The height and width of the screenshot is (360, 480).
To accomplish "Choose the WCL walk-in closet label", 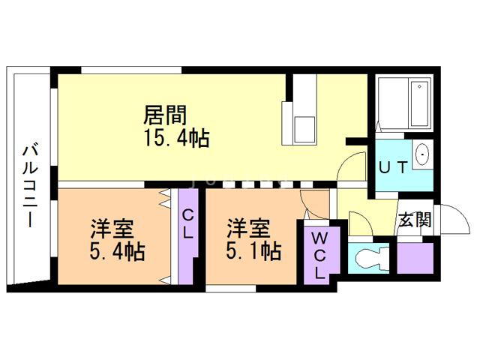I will pyautogui.click(x=319, y=256).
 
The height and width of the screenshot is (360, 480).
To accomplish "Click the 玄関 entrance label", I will pyautogui.click(x=415, y=220).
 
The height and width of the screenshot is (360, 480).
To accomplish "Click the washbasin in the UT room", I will pyautogui.click(x=422, y=156).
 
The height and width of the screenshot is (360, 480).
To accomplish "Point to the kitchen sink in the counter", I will pyautogui.click(x=305, y=128).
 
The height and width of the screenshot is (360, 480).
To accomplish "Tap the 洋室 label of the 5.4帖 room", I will pyautogui.click(x=112, y=227).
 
